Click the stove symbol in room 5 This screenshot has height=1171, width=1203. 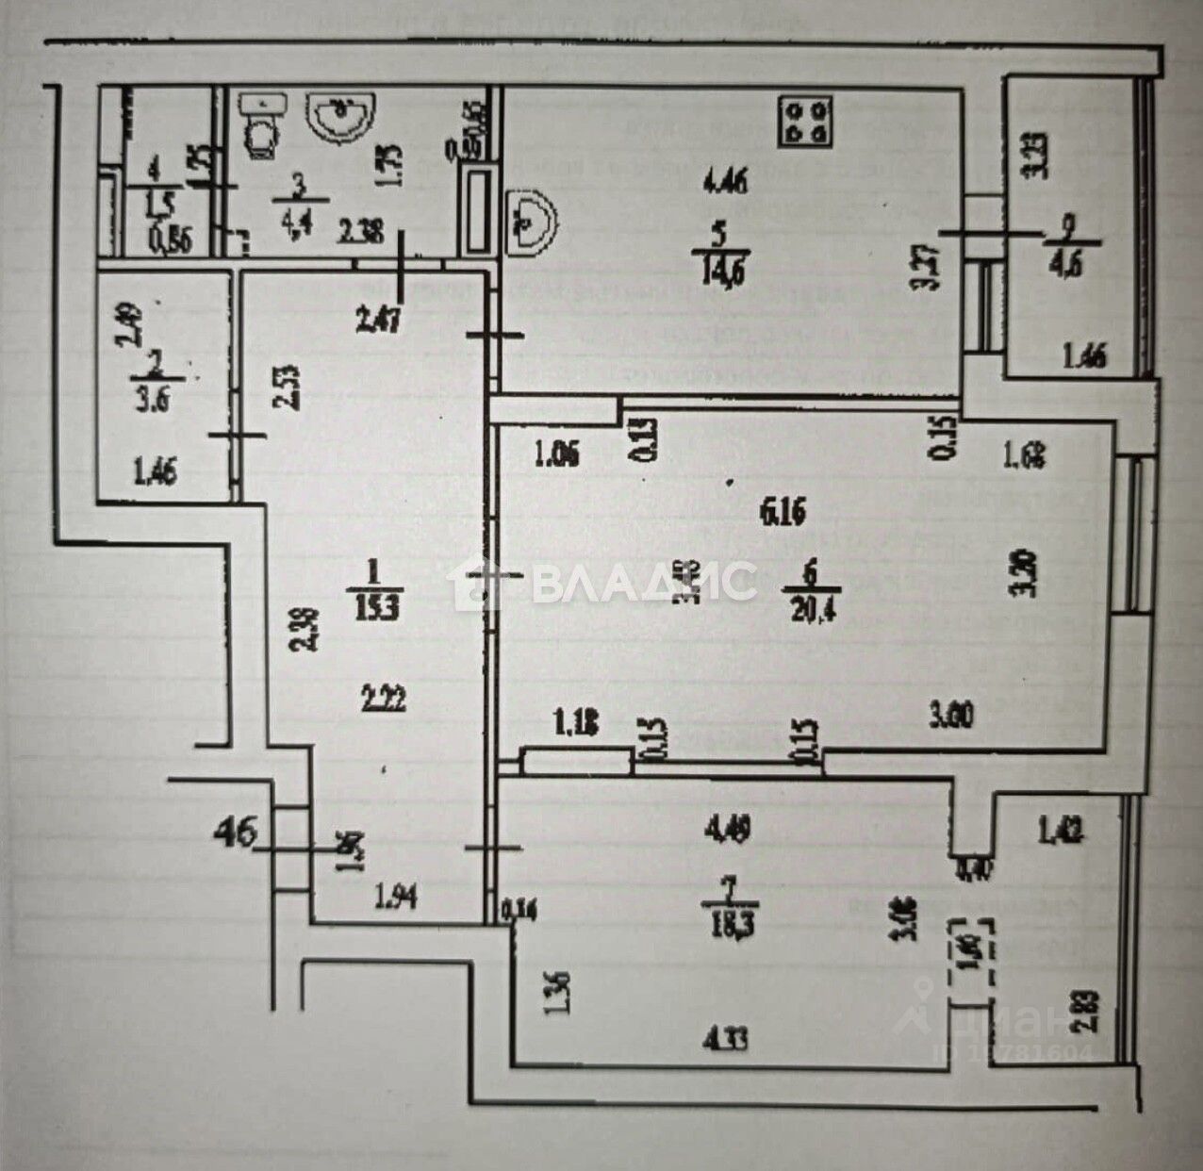tap(805, 123)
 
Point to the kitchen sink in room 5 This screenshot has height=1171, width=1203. tap(530, 223)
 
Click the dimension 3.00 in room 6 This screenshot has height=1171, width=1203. tap(954, 715)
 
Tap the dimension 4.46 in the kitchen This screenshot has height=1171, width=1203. tap(726, 181)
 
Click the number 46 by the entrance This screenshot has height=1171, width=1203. tap(236, 833)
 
